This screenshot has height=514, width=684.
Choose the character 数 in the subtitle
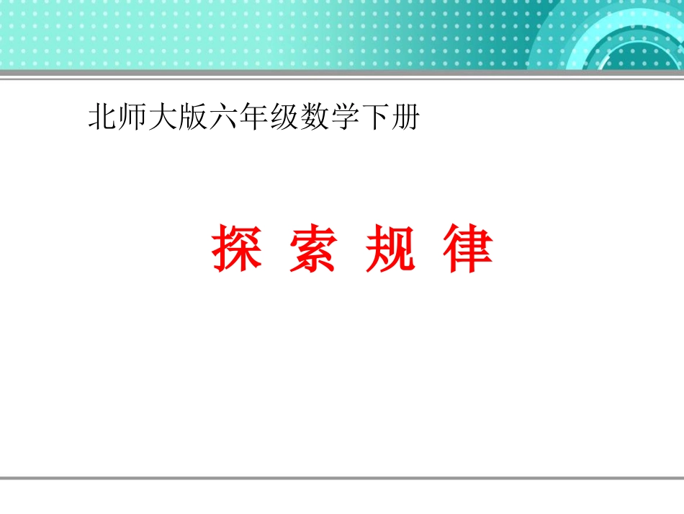(x=312, y=118)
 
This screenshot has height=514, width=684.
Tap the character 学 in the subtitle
(x=342, y=118)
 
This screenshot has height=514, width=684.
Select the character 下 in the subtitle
(x=372, y=118)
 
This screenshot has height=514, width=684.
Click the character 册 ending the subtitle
(x=402, y=118)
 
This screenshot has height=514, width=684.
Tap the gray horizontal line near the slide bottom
(x=342, y=477)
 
